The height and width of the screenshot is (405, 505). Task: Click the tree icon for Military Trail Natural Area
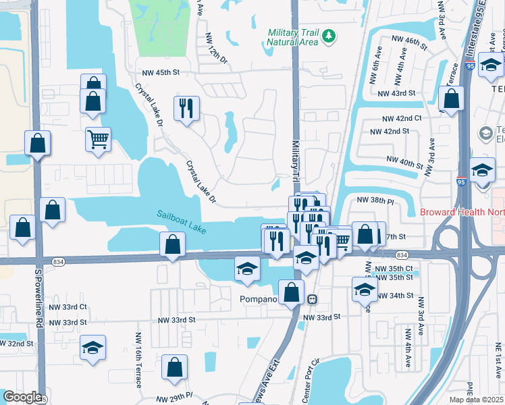tap(329, 35)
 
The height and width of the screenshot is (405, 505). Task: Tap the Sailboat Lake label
tap(182, 221)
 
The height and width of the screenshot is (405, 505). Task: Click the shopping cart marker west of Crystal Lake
tap(98, 140)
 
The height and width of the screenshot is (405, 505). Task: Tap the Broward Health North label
tap(462, 212)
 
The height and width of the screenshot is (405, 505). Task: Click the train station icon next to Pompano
tap(313, 299)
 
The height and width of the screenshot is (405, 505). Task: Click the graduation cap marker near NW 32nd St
tap(92, 348)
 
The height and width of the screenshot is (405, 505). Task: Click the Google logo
tap(22, 396)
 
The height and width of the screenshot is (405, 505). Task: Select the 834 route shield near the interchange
tap(402, 254)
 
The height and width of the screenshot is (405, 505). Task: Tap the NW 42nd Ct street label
tap(402, 117)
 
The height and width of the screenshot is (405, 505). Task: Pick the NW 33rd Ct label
tap(75, 306)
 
